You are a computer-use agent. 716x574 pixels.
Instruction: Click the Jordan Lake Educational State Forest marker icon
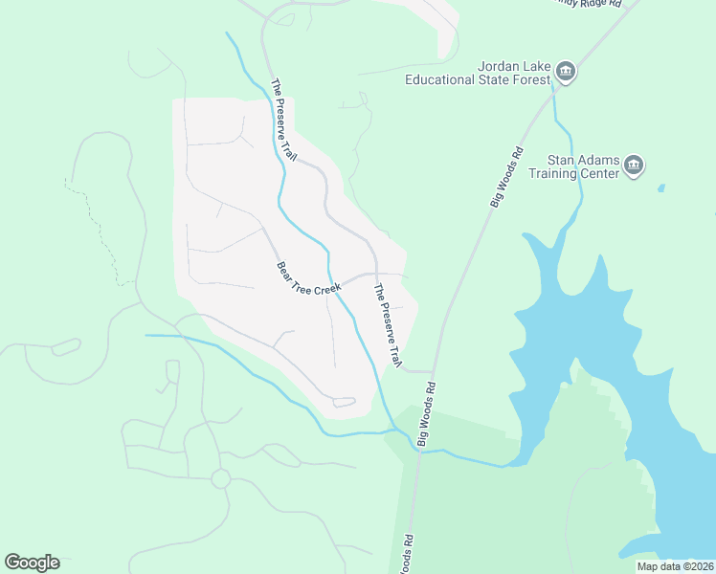[x=565, y=73]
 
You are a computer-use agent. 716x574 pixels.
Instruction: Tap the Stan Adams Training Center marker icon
[x=633, y=166]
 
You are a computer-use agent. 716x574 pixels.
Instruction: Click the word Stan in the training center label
[x=561, y=160]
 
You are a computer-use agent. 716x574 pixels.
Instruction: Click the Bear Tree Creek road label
[x=308, y=278]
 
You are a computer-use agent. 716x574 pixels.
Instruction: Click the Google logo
[x=32, y=563]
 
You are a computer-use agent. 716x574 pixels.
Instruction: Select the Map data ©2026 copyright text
[x=673, y=566]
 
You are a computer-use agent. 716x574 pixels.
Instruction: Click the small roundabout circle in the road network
[x=221, y=478]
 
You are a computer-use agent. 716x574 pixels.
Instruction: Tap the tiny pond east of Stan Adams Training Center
[x=660, y=188]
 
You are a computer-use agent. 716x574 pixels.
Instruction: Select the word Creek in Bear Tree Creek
[x=327, y=287]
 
